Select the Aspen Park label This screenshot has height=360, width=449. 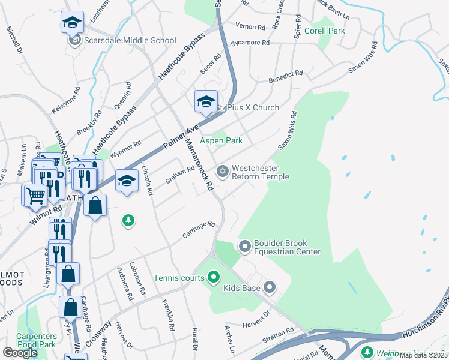click(221, 140)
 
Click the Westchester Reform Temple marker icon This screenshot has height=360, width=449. click(223, 172)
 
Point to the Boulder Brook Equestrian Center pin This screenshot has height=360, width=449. click(244, 247)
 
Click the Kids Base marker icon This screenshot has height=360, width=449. click(270, 289)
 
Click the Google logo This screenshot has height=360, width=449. click(20, 353)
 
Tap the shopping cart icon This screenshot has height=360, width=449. click(35, 194)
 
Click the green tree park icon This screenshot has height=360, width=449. click(128, 221)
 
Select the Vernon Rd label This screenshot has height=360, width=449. click(250, 28)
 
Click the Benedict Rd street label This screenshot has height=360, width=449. click(286, 76)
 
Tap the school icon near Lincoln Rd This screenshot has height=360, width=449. click(127, 181)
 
